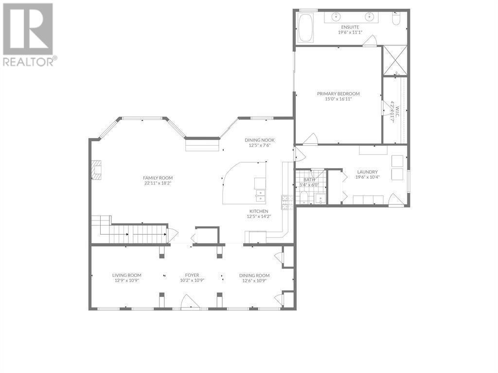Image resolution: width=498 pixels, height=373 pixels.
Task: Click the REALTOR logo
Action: pyautogui.click(x=29, y=34)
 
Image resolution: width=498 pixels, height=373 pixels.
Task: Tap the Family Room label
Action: pyautogui.click(x=158, y=178)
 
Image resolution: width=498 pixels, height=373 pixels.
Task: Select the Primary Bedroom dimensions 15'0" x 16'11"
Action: pyautogui.click(x=338, y=99)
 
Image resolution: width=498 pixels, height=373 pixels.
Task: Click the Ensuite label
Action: pyautogui.click(x=350, y=27)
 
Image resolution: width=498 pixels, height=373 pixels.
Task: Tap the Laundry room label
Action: pyautogui.click(x=368, y=172)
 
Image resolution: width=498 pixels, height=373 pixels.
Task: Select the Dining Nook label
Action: pyautogui.click(x=260, y=140)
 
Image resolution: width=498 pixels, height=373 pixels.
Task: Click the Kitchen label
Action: pyautogui.click(x=259, y=211)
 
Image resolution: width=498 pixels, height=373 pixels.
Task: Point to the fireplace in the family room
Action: pyautogui.click(x=97, y=170)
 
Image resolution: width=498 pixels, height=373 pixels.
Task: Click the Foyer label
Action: pyautogui.click(x=192, y=275)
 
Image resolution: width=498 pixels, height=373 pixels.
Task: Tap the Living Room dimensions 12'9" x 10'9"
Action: pyautogui.click(x=127, y=280)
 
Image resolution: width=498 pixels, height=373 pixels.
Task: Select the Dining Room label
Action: pyautogui.click(x=254, y=275)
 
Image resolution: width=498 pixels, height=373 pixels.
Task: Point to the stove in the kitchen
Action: pyautogui.click(x=285, y=203)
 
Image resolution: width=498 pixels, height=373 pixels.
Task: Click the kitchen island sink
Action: pyautogui.click(x=261, y=196)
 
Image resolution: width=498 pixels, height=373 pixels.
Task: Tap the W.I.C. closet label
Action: pyautogui.click(x=393, y=112)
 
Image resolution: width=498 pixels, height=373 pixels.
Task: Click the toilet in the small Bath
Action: pyautogui.click(x=303, y=197)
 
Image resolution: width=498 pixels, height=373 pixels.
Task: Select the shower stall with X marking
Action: pyautogui.click(x=395, y=61)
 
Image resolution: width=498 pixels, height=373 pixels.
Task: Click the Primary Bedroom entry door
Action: pyautogui.click(x=311, y=139)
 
